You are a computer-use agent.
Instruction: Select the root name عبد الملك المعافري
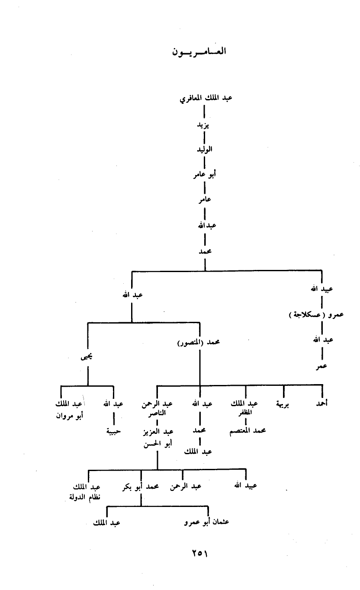[206, 98]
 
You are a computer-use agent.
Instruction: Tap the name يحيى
[88, 357]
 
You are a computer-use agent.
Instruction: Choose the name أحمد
[321, 404]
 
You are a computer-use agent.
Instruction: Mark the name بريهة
[283, 404]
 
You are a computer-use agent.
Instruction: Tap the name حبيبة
[113, 430]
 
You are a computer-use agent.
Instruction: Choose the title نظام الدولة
[85, 495]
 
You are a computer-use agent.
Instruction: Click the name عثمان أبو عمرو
[206, 522]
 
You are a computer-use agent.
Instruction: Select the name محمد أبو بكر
[141, 486]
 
